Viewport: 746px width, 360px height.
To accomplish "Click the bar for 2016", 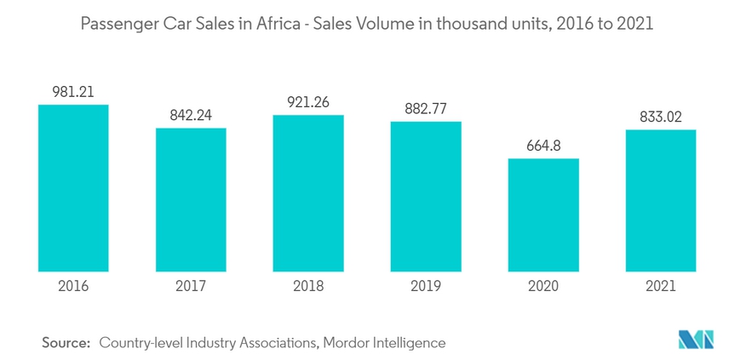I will coord(73,188).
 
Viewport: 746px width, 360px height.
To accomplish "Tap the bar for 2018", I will coord(308,193).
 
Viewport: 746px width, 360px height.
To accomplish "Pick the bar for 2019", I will coord(426,197).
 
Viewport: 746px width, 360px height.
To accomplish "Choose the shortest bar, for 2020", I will coord(543,215).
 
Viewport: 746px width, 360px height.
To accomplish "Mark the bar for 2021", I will coord(661,201).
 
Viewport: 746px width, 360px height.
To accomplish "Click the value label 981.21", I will coord(73,92).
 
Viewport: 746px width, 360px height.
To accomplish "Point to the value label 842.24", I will coord(191,116).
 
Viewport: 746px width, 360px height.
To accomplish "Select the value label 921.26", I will coord(308,102).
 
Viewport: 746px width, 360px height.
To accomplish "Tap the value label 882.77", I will coord(426,109).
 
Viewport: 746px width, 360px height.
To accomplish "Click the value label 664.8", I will coord(543,146).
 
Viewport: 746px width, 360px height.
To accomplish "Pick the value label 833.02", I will coord(661,117).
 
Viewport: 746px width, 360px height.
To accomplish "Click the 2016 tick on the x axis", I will coord(73,286).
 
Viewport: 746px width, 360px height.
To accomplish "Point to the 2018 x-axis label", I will coord(308,286).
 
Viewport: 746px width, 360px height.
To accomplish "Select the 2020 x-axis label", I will coord(543,286).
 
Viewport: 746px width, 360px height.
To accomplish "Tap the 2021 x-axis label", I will coord(661,286).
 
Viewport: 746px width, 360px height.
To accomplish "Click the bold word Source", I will coord(66,343).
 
